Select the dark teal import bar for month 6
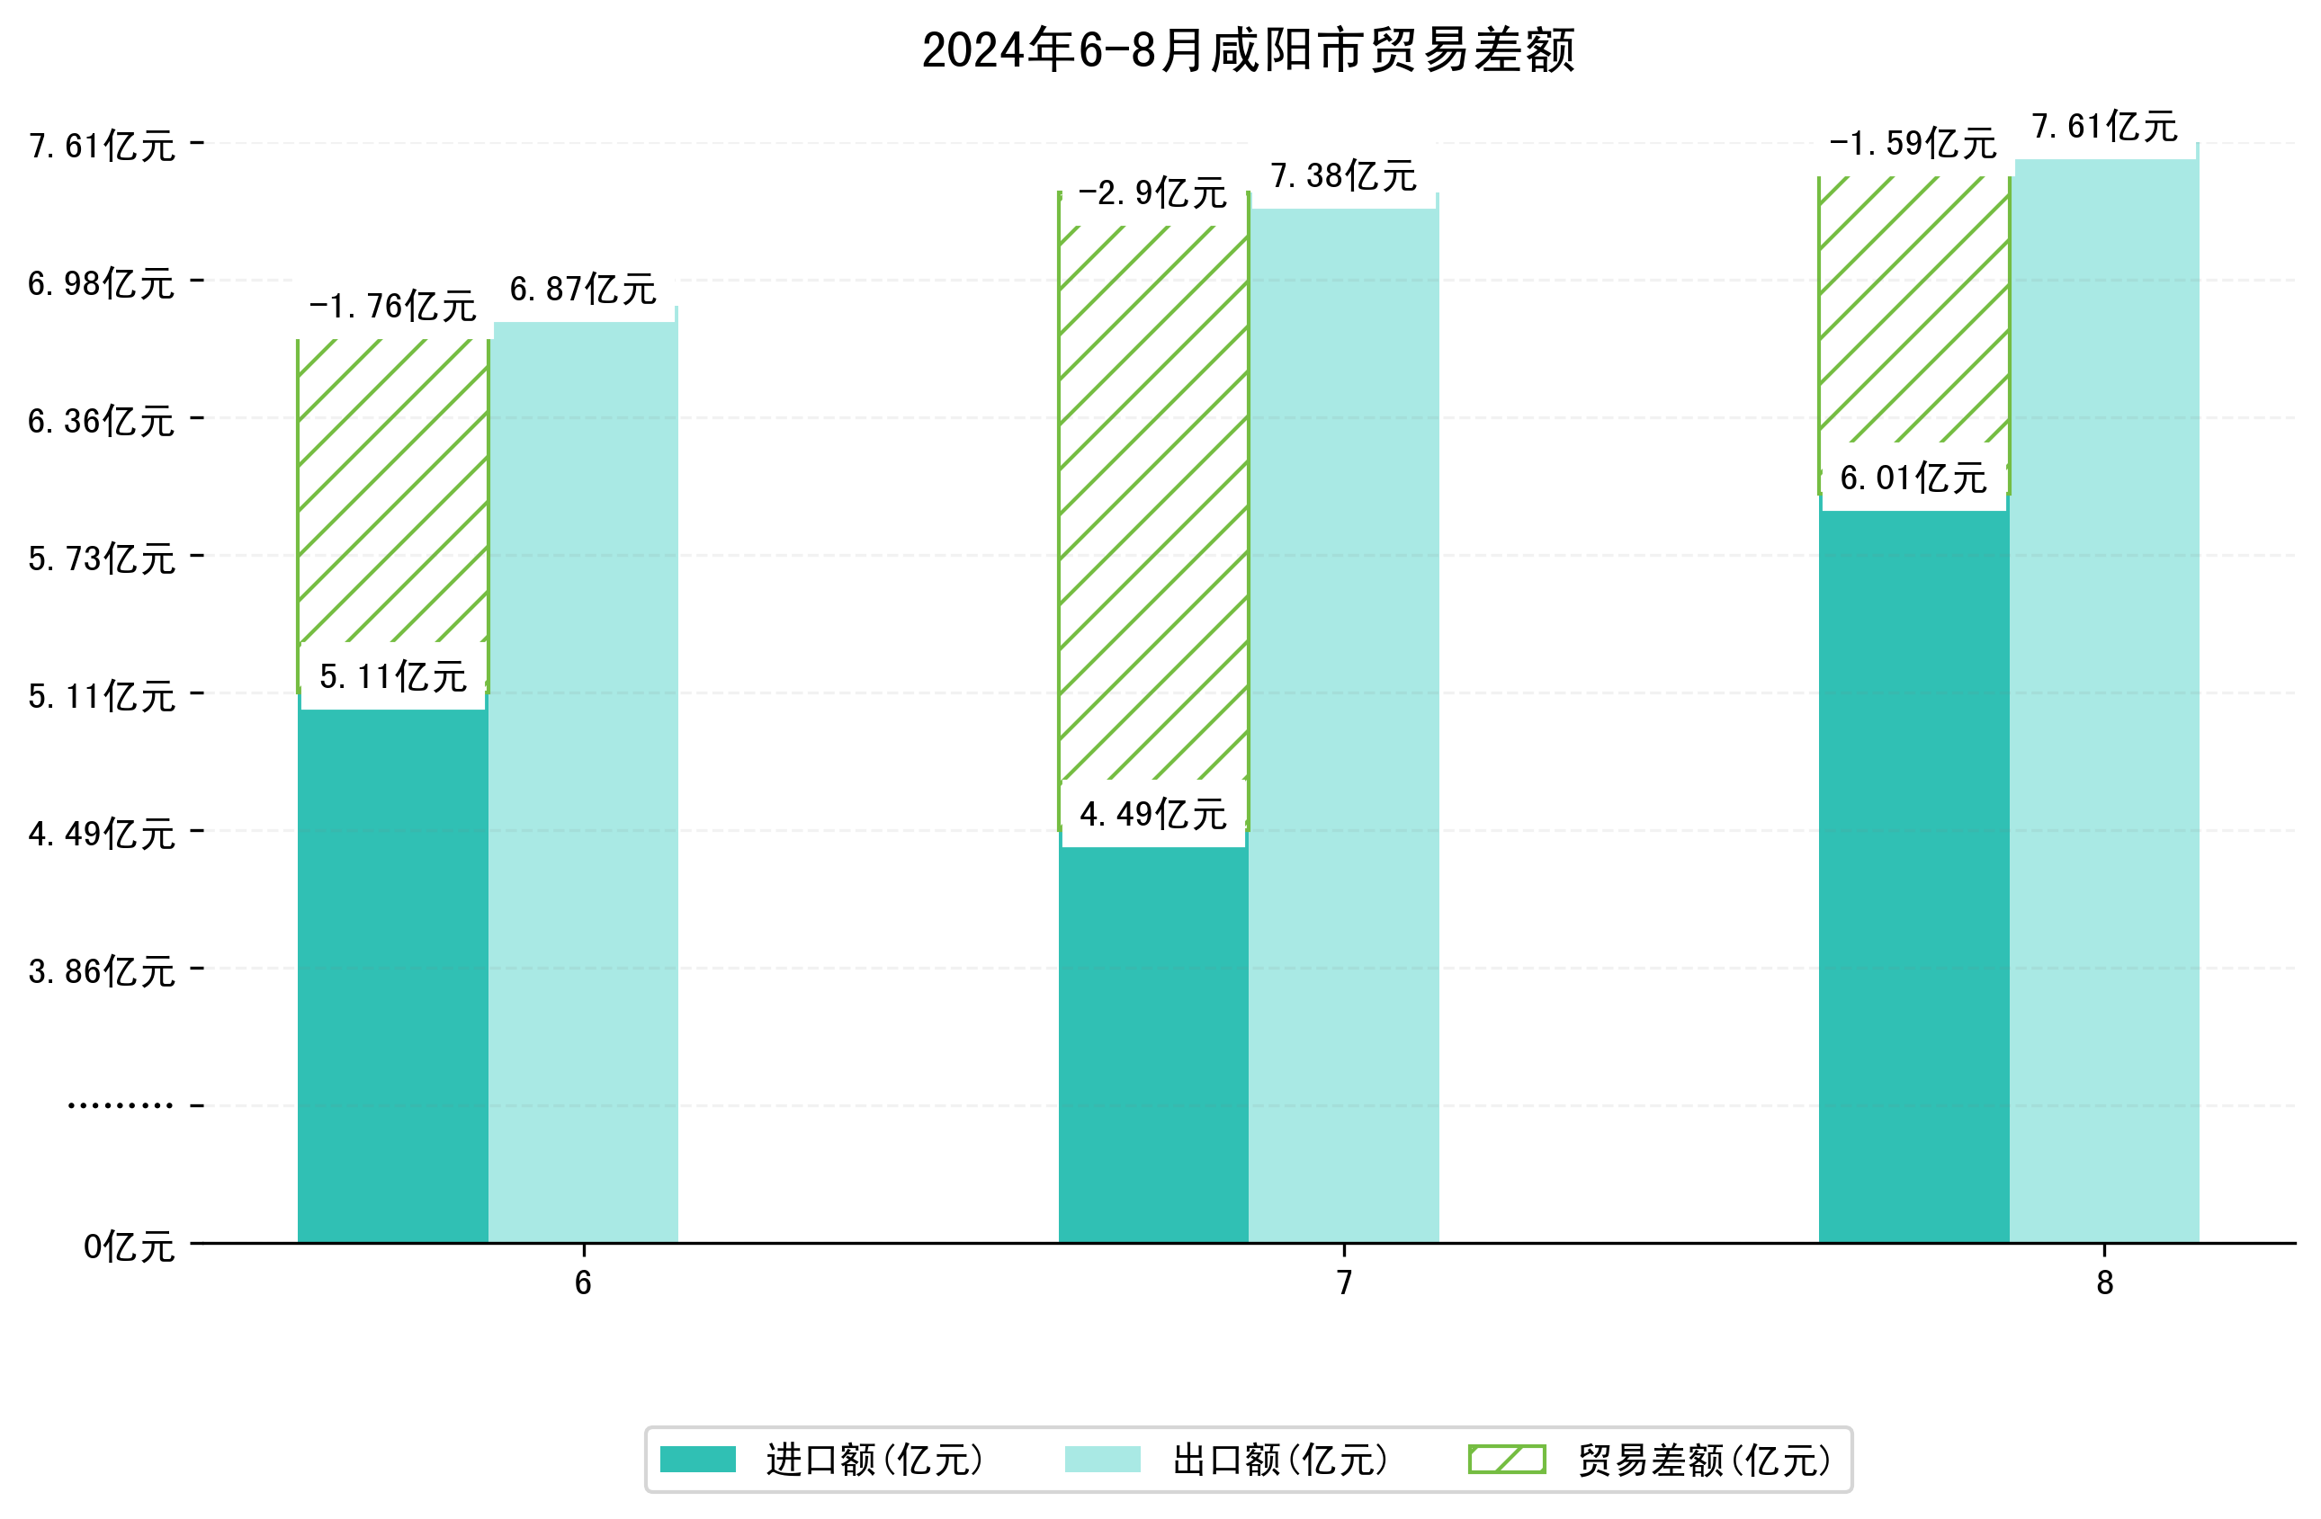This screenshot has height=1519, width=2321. click(392, 975)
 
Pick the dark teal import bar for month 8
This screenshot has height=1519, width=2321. click(1913, 878)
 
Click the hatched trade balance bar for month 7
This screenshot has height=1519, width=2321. click(1152, 507)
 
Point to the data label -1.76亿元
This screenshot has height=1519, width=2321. click(392, 306)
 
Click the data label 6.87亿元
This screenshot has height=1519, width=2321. click(583, 290)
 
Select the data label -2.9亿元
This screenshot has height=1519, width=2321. click(1152, 193)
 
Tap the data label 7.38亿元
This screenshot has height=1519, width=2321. click(1343, 176)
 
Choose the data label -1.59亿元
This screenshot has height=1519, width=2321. click(1913, 143)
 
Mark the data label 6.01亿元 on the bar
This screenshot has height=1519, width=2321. click(1913, 478)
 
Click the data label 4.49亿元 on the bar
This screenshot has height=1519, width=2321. click(1152, 814)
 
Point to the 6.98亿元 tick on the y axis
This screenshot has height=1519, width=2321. click(102, 283)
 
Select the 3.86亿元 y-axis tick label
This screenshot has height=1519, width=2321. click(102, 972)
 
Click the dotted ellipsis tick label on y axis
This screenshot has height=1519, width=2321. click(120, 1105)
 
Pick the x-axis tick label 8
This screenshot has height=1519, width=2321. click(2104, 1283)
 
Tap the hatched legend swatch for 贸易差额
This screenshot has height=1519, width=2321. click(1507, 1460)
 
